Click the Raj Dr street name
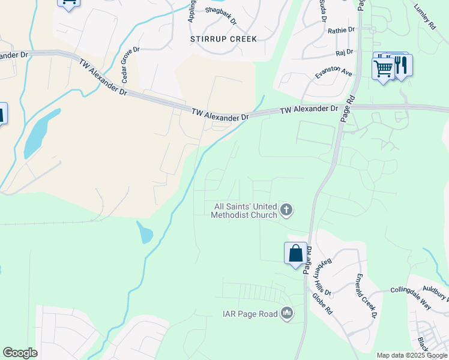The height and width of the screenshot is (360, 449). (345, 52)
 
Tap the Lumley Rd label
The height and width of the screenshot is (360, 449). (424, 18)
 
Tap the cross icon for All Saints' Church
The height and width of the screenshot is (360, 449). (287, 210)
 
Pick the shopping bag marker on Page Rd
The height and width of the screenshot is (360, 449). (295, 253)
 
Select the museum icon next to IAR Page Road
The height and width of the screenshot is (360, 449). (287, 313)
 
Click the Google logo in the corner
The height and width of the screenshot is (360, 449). (20, 353)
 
